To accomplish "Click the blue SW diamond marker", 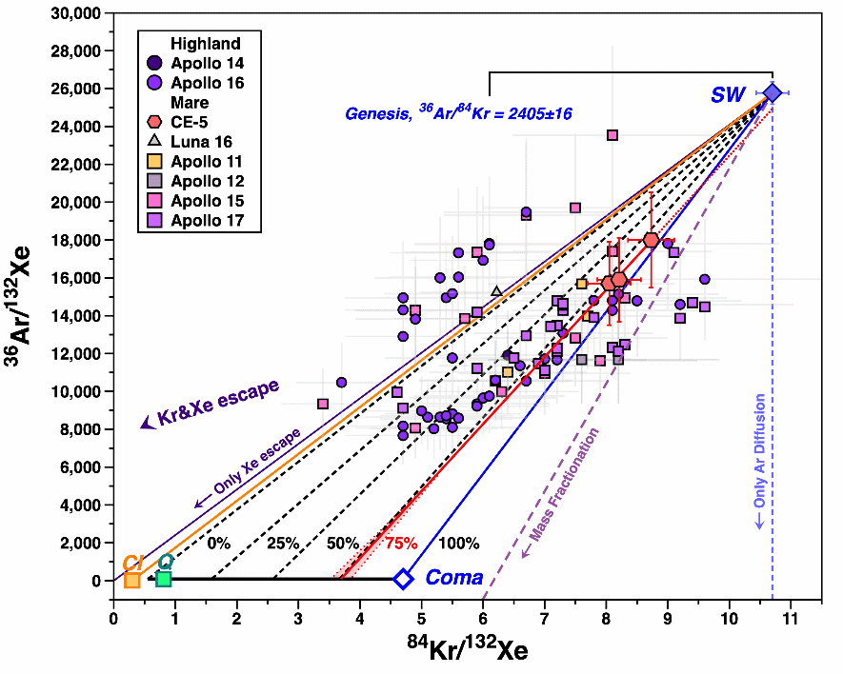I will click(773, 92).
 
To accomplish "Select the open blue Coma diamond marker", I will click(403, 579).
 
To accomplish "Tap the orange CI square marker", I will click(131, 580).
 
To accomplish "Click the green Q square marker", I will click(163, 579).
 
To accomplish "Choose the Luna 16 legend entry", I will click(199, 141).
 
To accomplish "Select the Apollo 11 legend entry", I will click(206, 161).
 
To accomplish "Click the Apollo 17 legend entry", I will click(206, 221).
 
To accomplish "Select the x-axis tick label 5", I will click(422, 617).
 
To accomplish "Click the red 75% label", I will click(401, 544).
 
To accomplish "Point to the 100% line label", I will click(459, 544).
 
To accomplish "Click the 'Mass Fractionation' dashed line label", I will click(565, 485).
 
